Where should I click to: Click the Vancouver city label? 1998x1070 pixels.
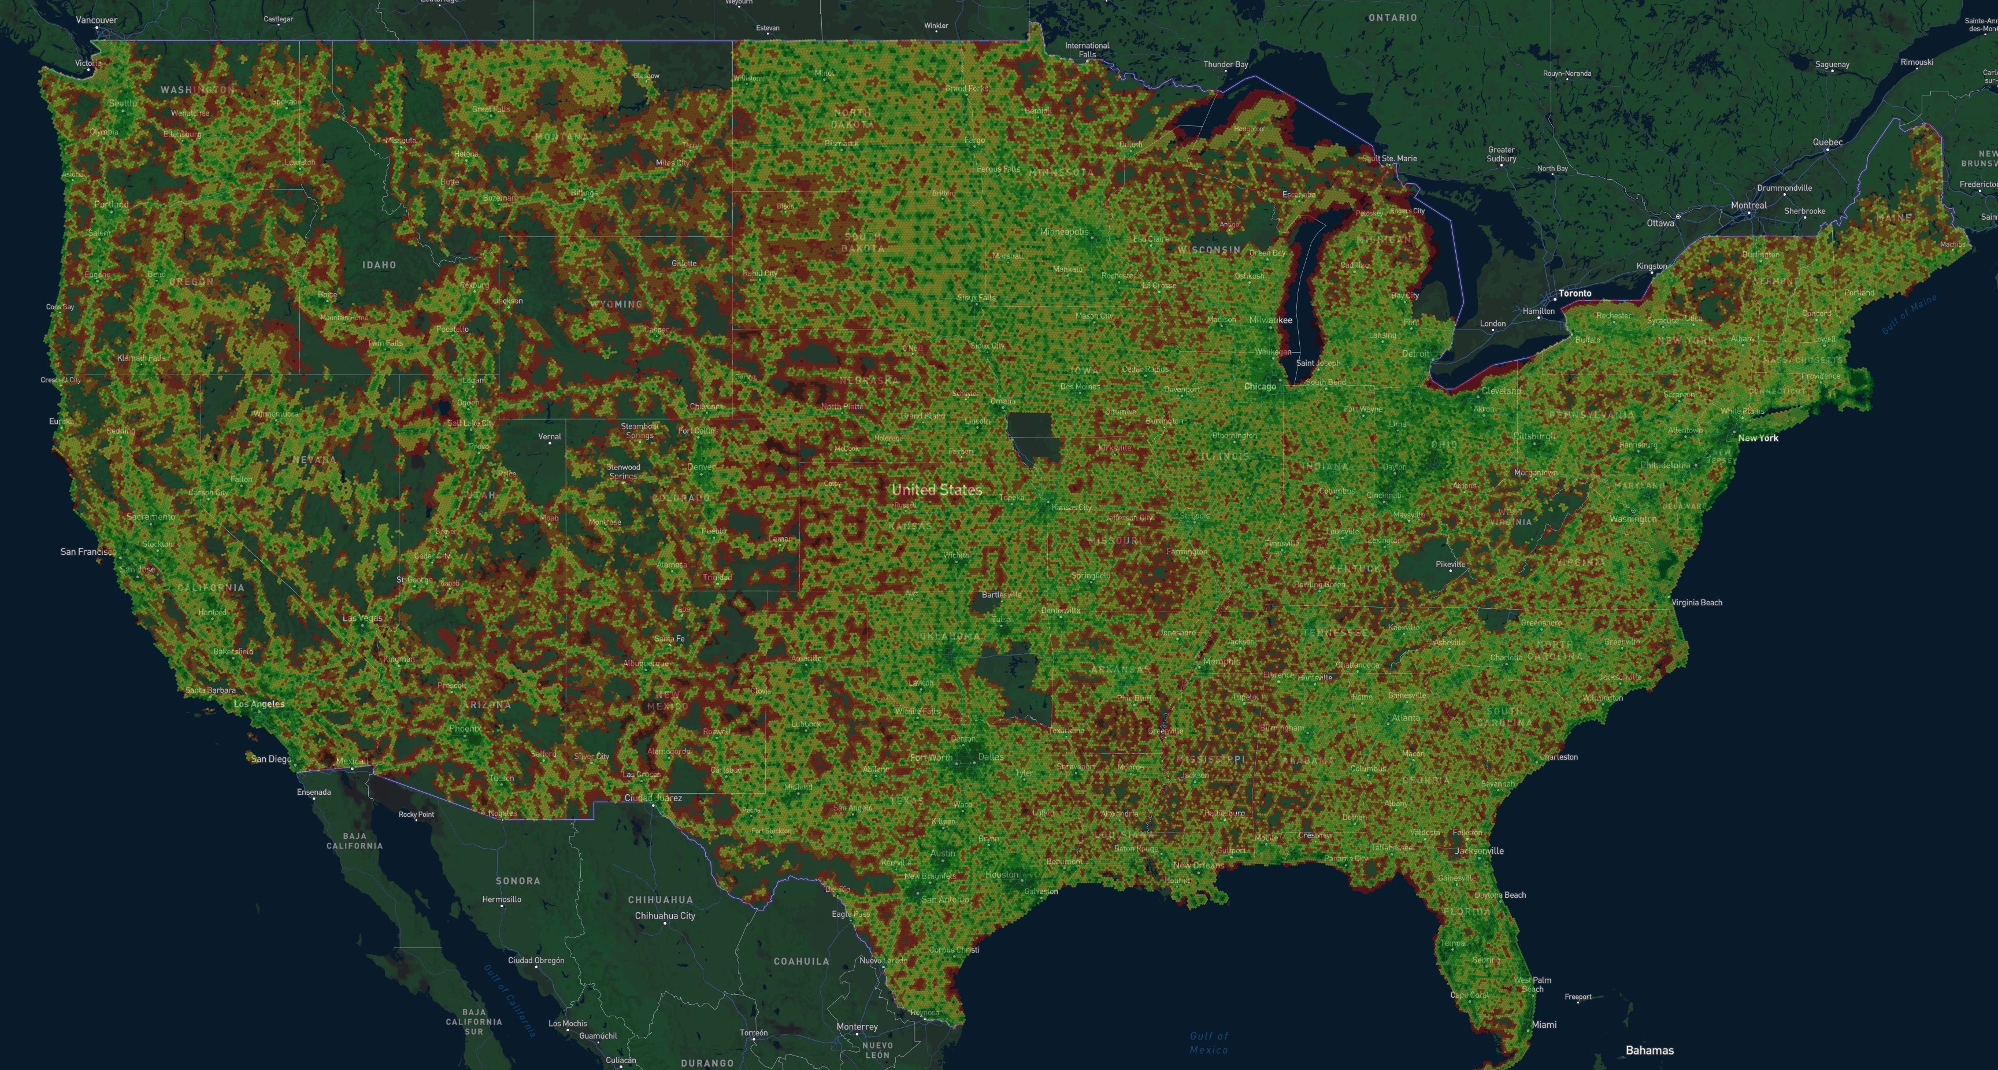(x=96, y=20)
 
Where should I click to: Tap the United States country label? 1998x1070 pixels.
(x=936, y=490)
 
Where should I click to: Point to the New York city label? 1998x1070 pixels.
(x=1758, y=438)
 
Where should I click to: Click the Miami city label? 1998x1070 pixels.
(x=1544, y=1025)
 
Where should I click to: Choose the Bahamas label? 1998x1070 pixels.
(x=1649, y=1050)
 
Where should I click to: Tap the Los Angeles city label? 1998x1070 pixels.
(x=259, y=705)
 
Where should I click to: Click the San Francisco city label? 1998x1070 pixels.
(x=88, y=551)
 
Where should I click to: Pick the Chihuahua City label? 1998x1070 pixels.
(x=665, y=916)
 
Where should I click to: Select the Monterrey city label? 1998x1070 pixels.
(x=857, y=1027)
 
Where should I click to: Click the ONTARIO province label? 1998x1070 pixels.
(x=1392, y=17)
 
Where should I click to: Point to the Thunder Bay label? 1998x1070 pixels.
(x=1225, y=64)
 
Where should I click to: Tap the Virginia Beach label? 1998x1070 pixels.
(x=1696, y=602)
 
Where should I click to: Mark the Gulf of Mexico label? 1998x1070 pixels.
(x=1209, y=1043)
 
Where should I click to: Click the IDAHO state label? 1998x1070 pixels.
(x=379, y=265)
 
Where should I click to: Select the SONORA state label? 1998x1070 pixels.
(x=517, y=880)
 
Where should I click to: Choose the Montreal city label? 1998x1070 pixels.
(x=1748, y=206)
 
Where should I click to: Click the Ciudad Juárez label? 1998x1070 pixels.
(x=653, y=798)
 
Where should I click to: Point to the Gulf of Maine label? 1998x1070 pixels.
(x=1909, y=315)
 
